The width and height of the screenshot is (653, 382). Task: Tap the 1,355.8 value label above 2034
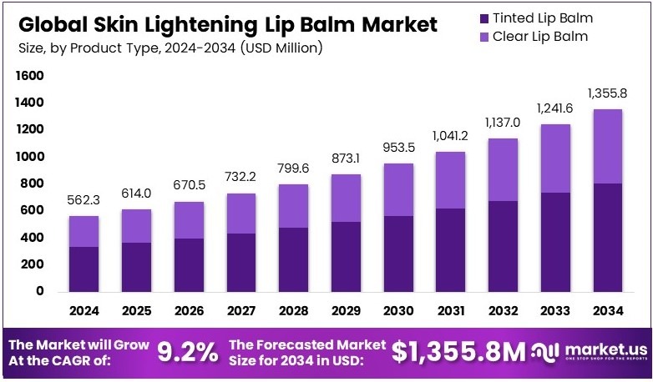pyautogui.click(x=607, y=93)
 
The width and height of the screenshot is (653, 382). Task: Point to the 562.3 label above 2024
pyautogui.click(x=84, y=200)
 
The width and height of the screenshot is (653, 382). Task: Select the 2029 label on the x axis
pyautogui.click(x=347, y=311)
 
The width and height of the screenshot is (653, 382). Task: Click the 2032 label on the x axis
pyautogui.click(x=504, y=311)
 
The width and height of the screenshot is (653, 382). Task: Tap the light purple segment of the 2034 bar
pyautogui.click(x=607, y=146)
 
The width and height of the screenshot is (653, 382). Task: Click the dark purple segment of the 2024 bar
pyautogui.click(x=84, y=269)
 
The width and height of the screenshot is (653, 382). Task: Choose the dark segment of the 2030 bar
pyautogui.click(x=399, y=254)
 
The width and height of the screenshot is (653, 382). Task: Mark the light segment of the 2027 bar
pyautogui.click(x=241, y=214)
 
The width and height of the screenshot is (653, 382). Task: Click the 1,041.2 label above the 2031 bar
pyautogui.click(x=452, y=136)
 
